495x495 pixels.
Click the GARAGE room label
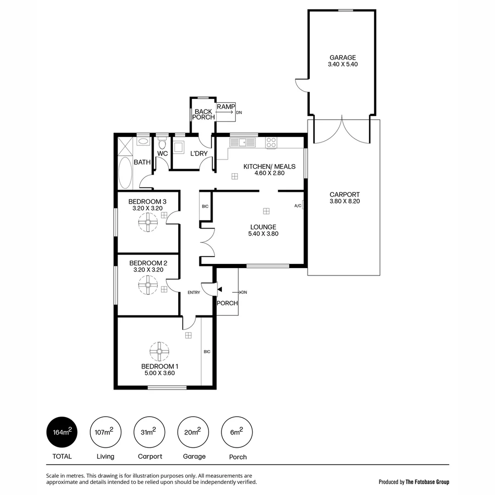pyautogui.click(x=342, y=58)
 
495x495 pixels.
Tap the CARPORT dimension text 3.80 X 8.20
pyautogui.click(x=344, y=201)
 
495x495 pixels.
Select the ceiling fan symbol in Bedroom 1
pyautogui.click(x=159, y=352)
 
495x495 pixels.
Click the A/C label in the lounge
pyautogui.click(x=298, y=206)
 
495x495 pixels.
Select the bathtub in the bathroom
pyautogui.click(x=125, y=173)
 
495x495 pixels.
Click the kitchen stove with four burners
pyautogui.click(x=271, y=143)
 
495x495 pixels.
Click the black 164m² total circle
pyautogui.click(x=62, y=432)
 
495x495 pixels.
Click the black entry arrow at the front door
pyautogui.click(x=220, y=289)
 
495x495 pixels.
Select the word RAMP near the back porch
pyautogui.click(x=225, y=106)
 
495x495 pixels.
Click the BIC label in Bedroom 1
pyautogui.click(x=207, y=352)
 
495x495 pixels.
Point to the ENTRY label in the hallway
pyautogui.click(x=194, y=292)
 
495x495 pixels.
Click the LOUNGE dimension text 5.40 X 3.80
pyautogui.click(x=263, y=234)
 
